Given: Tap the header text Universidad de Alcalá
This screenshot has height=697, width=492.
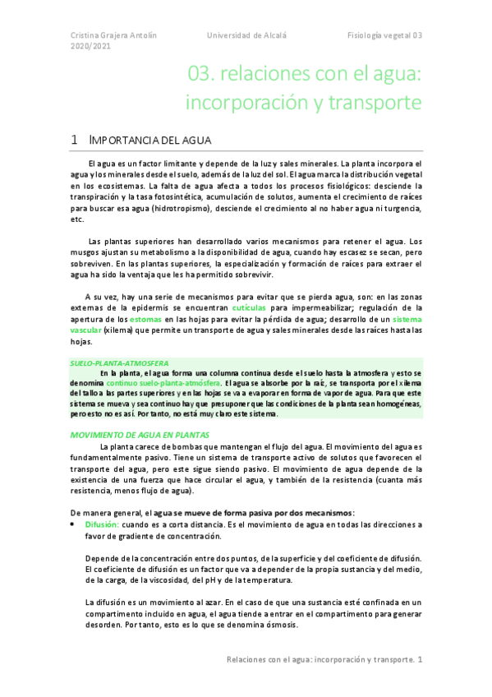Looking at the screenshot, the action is tap(246, 35).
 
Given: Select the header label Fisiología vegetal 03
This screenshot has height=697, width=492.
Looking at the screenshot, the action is tap(384, 35).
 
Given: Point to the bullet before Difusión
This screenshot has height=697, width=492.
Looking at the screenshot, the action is tap(73, 524).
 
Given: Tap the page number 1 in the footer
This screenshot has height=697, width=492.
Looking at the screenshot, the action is tap(420, 659).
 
